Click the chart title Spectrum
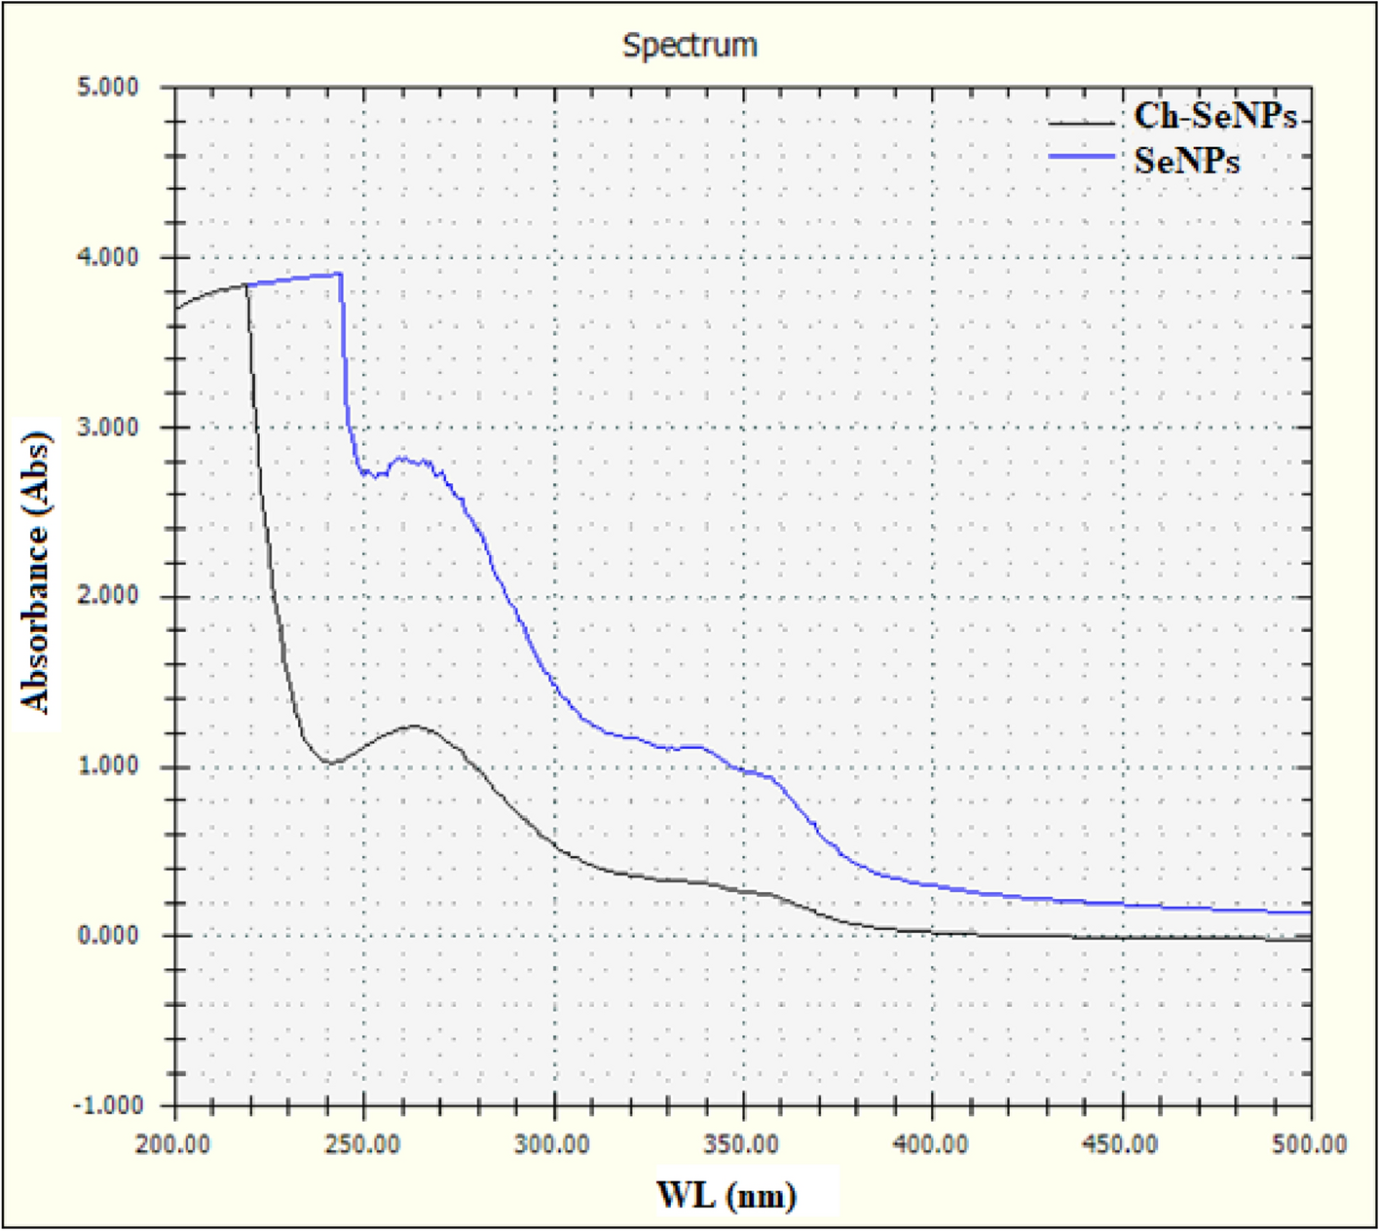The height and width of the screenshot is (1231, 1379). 689,45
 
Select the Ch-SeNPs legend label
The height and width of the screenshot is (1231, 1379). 1215,116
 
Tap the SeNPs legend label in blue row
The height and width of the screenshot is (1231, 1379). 1187,160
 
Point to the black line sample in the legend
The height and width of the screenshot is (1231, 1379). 1081,123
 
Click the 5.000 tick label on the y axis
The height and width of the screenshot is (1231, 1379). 108,88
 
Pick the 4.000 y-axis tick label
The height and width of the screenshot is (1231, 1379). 108,257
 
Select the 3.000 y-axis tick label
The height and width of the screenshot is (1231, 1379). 108,427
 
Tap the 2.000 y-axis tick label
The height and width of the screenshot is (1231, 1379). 108,596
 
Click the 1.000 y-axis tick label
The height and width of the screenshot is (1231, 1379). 108,765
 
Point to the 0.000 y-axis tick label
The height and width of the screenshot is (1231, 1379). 108,935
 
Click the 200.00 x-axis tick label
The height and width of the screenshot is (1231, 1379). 173,1144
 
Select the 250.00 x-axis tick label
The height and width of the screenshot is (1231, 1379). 363,1144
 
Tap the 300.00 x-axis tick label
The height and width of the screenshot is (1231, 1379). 553,1144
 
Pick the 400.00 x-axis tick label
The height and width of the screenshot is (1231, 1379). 932,1144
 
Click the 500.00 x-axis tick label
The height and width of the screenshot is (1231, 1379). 1310,1144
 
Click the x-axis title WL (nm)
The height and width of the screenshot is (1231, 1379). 727,1194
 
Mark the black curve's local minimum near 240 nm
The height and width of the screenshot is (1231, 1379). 328,763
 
